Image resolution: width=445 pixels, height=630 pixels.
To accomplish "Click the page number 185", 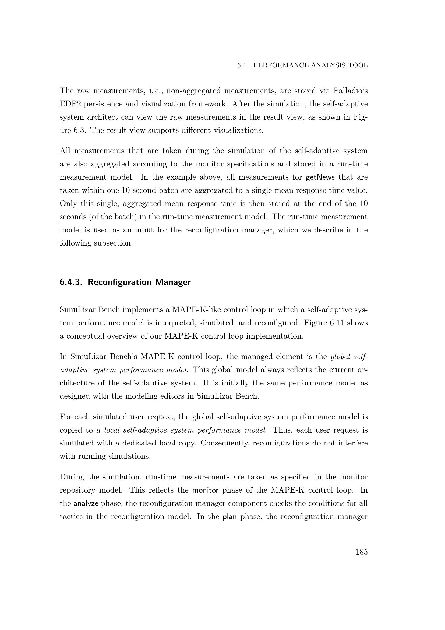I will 361,552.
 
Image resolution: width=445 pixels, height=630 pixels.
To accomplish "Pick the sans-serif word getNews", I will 320,177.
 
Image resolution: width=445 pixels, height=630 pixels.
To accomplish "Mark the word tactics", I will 71,517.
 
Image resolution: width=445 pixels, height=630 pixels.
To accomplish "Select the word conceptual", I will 85,336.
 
